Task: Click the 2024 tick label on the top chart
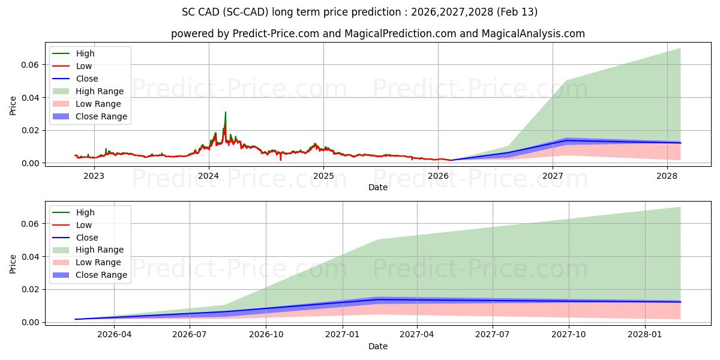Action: [x=209, y=176]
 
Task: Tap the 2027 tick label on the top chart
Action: [x=553, y=176]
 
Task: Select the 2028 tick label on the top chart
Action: [x=667, y=176]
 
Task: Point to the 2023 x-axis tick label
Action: [x=94, y=176]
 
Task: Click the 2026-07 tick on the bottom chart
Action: [x=190, y=335]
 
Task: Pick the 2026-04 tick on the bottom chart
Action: [x=114, y=335]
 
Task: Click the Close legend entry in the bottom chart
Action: [x=87, y=238]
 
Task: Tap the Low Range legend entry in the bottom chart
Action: [x=98, y=263]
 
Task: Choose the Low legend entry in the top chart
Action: [x=84, y=66]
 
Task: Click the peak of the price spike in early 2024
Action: [x=226, y=112]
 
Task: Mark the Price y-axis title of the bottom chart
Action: [x=13, y=264]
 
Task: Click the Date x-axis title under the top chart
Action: [x=378, y=187]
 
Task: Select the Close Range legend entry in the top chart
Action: [x=101, y=116]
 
